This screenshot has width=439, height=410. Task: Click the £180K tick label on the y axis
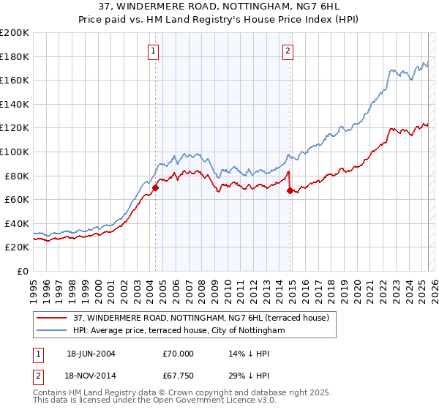point(15,56)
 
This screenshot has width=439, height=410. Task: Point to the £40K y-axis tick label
point(17,223)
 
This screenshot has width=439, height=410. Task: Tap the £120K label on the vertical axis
point(15,127)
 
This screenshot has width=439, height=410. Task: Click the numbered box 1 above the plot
point(154,51)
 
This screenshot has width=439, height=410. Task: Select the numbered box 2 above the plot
point(288,51)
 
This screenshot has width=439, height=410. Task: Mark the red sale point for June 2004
point(155,188)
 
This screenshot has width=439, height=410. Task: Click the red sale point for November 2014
point(290,191)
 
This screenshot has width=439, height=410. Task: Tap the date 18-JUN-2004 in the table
point(91,353)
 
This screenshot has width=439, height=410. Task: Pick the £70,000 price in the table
point(179,353)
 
